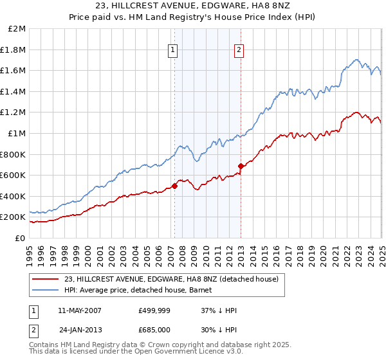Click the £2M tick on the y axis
click(x=18, y=29)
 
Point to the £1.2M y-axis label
click(x=14, y=113)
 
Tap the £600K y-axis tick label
click(x=13, y=175)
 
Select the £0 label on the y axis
click(x=21, y=238)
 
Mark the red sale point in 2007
click(x=174, y=186)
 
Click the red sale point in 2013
click(x=241, y=166)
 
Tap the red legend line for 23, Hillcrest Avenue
click(x=45, y=279)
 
